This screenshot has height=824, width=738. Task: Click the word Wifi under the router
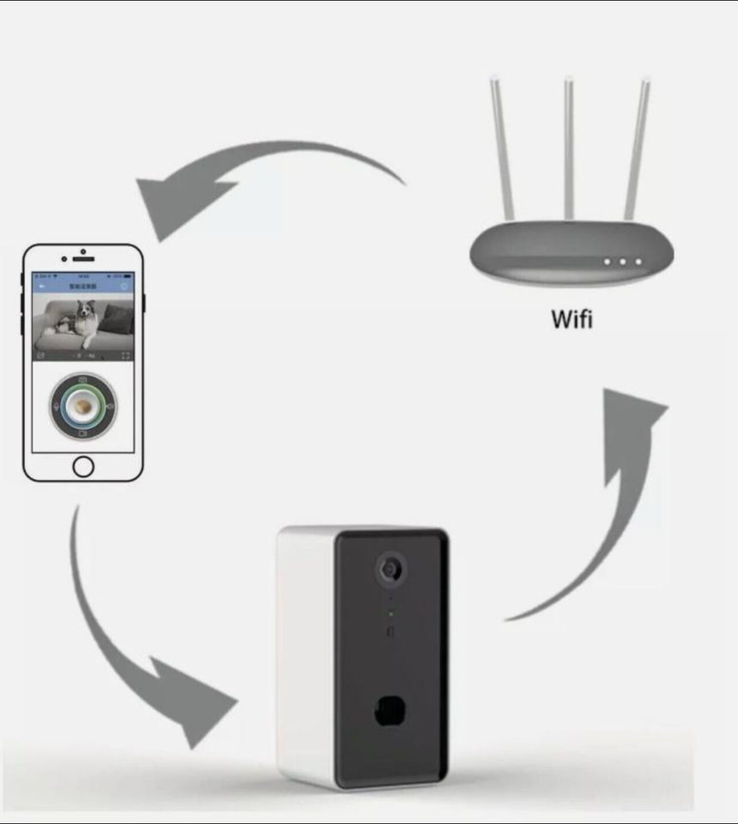(571, 318)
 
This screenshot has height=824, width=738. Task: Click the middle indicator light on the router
(622, 262)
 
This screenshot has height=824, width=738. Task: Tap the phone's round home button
(83, 466)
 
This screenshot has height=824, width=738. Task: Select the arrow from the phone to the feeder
(137, 652)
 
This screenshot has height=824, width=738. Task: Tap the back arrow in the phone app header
(39, 286)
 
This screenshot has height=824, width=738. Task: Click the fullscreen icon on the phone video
(126, 354)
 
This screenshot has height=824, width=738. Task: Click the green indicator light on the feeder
(390, 613)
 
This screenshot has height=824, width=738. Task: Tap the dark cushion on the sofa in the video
(120, 319)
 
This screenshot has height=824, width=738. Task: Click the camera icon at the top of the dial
(82, 379)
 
